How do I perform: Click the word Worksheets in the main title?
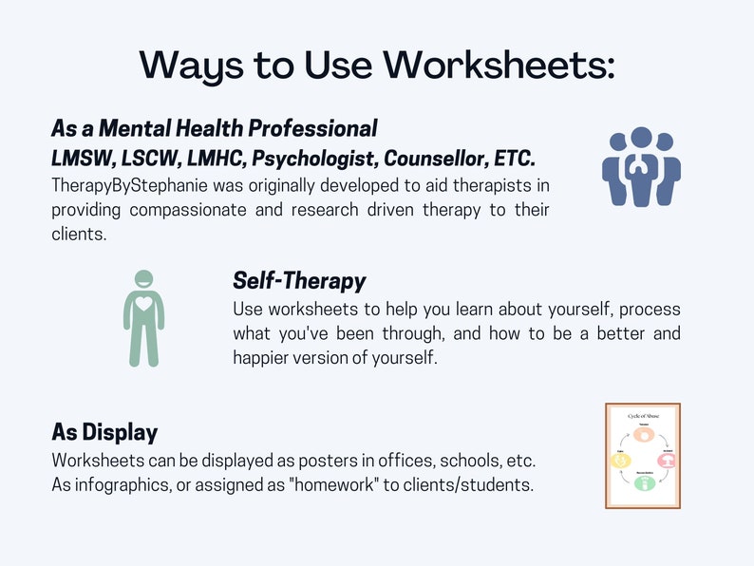coord(499,65)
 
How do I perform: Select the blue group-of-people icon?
coord(641,166)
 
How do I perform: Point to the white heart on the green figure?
coord(143,306)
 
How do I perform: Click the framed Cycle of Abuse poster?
coord(643,456)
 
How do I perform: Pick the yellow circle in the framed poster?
coord(619,462)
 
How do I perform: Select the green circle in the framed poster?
coord(643,482)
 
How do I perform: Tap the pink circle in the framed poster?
coord(667,462)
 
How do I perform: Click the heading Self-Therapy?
coord(299,281)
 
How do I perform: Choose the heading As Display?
coord(104,432)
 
